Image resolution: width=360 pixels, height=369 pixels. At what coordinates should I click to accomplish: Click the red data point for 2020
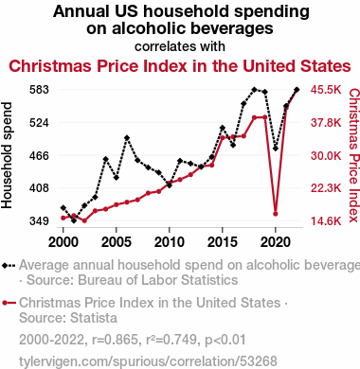click(276, 214)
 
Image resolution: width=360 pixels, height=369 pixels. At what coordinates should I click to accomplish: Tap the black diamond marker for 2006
click(127, 138)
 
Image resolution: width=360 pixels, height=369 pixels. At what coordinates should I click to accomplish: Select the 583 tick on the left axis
click(39, 90)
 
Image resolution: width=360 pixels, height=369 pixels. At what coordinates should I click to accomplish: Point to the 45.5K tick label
click(326, 90)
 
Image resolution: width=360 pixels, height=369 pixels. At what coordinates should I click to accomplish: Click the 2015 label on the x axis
click(223, 242)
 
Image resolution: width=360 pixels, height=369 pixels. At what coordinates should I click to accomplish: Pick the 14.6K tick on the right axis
click(326, 220)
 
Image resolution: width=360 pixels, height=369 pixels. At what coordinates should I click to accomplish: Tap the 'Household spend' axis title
click(7, 155)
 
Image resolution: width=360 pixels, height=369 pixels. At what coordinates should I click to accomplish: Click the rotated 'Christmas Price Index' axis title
click(354, 155)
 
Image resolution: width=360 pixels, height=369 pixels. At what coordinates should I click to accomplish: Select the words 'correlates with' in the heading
click(180, 46)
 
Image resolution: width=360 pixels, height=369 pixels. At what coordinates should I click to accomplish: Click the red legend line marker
click(9, 303)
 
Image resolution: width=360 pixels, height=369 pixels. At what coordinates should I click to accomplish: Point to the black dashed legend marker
click(9, 266)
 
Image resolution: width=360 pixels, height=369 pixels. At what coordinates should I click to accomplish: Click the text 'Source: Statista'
click(68, 318)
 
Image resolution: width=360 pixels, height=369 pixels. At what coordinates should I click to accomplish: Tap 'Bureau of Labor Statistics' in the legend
click(158, 280)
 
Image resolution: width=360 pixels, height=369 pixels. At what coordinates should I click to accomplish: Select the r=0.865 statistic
click(115, 340)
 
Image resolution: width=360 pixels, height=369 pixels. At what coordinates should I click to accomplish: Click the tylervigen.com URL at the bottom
click(148, 361)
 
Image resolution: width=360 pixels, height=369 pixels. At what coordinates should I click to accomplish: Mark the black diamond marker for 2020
click(276, 149)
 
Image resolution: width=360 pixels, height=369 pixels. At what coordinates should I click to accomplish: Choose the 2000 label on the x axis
click(63, 242)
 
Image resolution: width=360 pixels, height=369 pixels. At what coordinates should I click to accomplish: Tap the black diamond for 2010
click(170, 185)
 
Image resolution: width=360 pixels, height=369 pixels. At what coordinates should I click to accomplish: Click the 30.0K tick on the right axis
click(326, 155)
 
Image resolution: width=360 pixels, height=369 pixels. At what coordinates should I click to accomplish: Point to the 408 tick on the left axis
click(39, 188)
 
